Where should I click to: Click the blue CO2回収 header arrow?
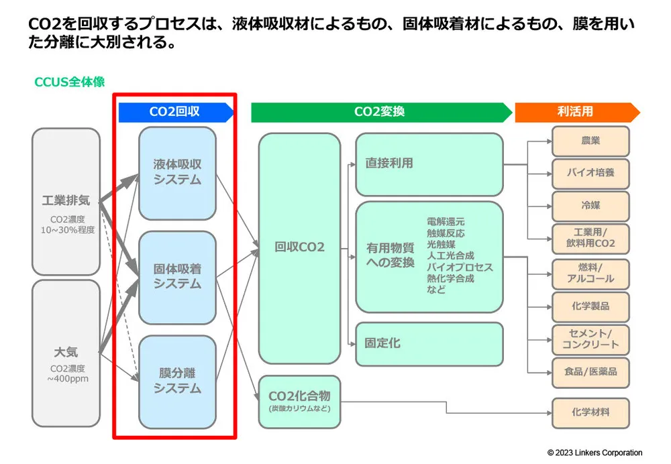(176, 113)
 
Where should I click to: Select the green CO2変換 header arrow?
(380, 113)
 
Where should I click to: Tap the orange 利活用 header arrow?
(576, 113)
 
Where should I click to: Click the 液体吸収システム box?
(177, 172)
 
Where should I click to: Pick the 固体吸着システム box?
(177, 276)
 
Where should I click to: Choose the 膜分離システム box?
(177, 381)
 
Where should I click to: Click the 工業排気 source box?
(66, 201)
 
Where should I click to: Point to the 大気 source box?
(66, 352)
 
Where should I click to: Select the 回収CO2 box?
(299, 247)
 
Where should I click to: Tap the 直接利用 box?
(429, 163)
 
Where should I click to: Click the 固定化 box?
(429, 343)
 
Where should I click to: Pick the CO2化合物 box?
(299, 401)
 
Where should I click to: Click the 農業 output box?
(590, 141)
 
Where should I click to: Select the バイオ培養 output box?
(590, 173)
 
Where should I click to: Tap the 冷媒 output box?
(590, 206)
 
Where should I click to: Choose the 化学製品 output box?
(590, 307)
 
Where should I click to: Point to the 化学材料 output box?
(590, 411)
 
